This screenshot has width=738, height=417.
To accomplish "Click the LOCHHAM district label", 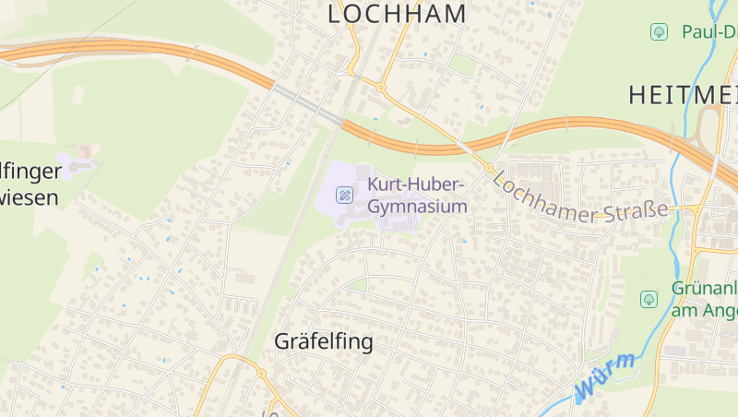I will tap(398, 14).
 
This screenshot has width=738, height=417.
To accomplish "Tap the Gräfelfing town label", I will tap(324, 341).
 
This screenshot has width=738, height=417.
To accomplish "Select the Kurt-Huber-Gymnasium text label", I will tap(417, 195).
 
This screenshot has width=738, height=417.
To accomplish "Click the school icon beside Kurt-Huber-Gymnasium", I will tap(344, 194).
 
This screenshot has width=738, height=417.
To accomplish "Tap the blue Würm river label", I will tap(604, 376).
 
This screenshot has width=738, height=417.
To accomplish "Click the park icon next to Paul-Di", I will tap(659, 32).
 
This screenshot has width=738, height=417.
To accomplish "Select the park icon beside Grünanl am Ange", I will tap(649, 298).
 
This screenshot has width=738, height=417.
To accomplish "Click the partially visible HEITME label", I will tap(683, 94).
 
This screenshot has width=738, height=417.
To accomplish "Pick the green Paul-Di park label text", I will tap(708, 32).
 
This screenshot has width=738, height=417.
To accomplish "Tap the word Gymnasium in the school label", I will tap(417, 207).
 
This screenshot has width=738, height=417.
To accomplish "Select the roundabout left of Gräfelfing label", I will tap(261, 374).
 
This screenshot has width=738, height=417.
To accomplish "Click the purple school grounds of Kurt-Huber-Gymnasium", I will tap(364, 175).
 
